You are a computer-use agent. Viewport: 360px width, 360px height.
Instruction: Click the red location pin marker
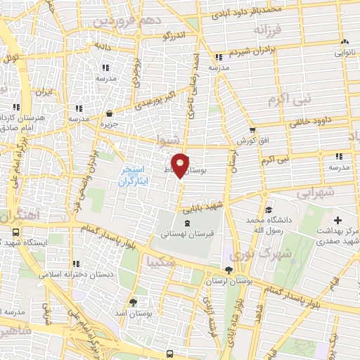[x=181, y=165]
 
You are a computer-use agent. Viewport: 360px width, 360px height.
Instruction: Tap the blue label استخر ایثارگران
[x=132, y=176]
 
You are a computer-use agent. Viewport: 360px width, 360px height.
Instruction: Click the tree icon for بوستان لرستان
[x=229, y=271]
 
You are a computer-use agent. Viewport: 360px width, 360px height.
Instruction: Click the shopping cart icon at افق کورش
[x=252, y=131]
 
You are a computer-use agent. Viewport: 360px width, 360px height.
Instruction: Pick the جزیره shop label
[x=109, y=124]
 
